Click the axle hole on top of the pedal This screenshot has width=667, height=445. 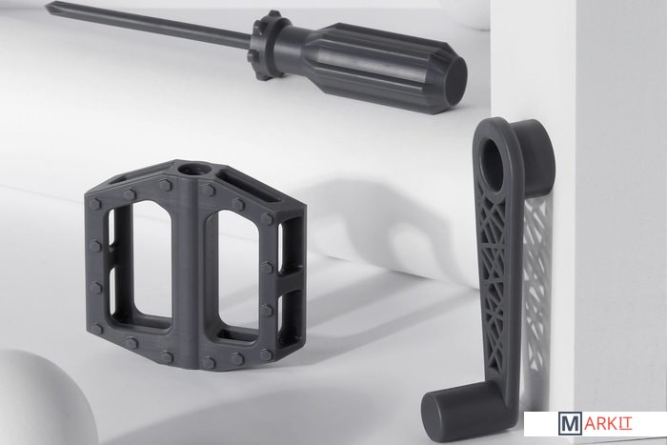(x=193, y=171)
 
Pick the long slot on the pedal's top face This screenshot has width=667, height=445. (x=250, y=187)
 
